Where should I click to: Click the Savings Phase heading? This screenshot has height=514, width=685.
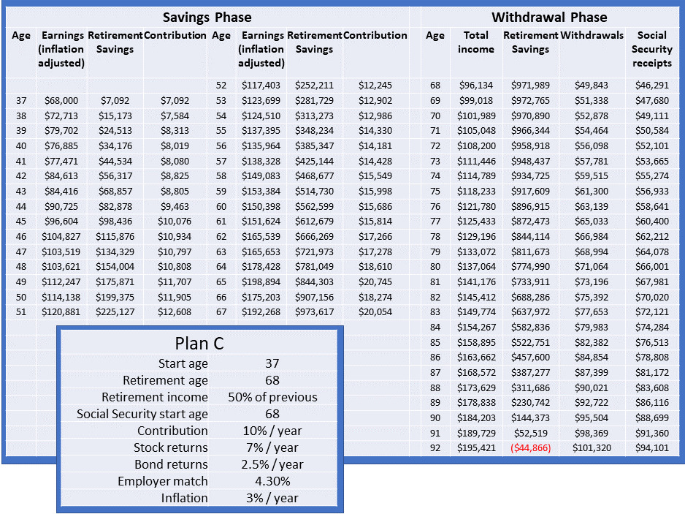tap(207, 17)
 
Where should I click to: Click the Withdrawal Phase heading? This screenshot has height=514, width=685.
tap(549, 17)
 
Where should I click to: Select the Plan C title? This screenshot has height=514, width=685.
tap(199, 344)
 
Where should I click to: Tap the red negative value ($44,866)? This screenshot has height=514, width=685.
tap(530, 448)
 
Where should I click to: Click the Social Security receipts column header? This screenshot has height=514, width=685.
tap(652, 49)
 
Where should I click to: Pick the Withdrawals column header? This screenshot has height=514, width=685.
tap(592, 35)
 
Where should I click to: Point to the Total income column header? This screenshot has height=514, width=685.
tap(475, 42)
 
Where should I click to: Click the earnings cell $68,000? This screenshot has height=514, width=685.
tap(61, 101)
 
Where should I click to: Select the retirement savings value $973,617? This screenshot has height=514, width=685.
tap(314, 312)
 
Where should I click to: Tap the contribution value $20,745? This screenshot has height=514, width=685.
tap(375, 281)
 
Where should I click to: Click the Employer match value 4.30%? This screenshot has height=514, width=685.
tap(272, 481)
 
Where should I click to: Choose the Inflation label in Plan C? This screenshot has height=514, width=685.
tap(184, 498)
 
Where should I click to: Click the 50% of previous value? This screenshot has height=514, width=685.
tap(272, 397)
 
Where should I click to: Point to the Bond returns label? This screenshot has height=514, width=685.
tap(171, 464)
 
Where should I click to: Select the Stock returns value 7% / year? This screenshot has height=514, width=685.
tap(272, 447)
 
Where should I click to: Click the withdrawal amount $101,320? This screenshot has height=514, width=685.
tap(592, 448)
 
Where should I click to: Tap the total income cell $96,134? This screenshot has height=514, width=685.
tap(476, 86)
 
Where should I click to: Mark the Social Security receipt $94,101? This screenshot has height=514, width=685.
tap(652, 448)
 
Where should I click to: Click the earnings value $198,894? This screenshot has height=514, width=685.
tap(261, 281)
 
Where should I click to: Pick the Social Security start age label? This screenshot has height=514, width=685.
tap(142, 414)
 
